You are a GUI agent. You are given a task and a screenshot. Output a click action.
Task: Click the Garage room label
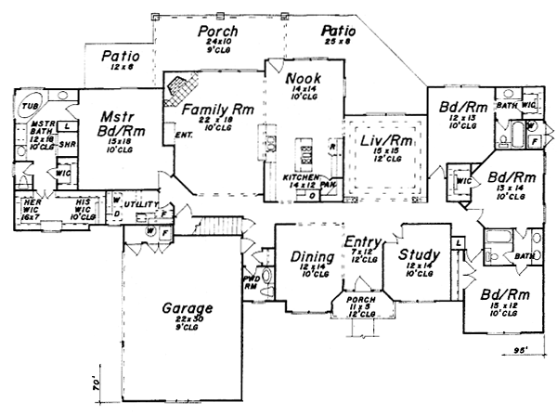tap(188, 308)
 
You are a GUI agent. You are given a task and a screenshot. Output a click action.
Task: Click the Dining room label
tap(305, 258)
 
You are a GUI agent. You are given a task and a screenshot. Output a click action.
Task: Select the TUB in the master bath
tap(29, 108)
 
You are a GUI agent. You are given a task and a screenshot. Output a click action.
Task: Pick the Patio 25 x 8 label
tap(339, 34)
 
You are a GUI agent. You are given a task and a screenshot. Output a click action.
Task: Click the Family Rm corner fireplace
tap(179, 89)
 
